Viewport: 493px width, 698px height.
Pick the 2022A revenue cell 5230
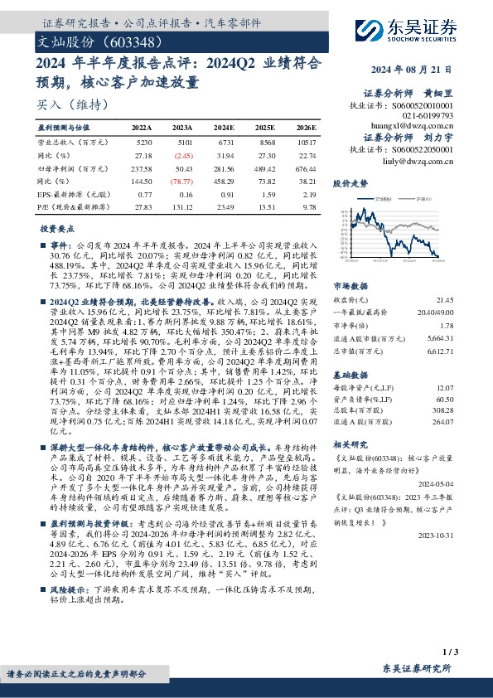click(x=142, y=143)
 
